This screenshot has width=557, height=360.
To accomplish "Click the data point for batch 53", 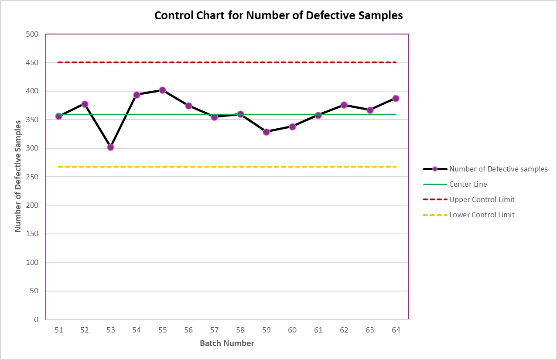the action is pos(111,147).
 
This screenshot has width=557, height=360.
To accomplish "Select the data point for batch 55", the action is pos(162,90).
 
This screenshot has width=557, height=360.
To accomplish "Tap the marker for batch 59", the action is pos(267,132).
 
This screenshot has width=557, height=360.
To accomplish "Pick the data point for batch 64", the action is pos(396,98).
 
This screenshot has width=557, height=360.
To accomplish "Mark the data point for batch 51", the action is pos(59,116).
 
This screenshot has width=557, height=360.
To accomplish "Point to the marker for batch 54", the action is pos(137,95).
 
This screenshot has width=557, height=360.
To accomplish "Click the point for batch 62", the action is pos(344,105).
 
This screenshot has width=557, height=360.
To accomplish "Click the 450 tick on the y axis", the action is pos(32,62).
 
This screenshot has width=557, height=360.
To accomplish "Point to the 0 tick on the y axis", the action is pos(36,319).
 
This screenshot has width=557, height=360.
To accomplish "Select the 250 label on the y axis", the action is pos(32,177).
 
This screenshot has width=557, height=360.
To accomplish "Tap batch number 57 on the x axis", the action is pos(214,330).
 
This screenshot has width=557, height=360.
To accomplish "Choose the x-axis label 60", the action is pos(292,330).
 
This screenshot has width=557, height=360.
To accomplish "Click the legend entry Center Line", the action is pos(455,184).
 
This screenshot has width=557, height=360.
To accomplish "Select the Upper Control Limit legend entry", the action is pos(468,199).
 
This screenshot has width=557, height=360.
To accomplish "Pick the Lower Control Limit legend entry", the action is pos(468,215).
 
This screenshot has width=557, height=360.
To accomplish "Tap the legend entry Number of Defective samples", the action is pos(485,169).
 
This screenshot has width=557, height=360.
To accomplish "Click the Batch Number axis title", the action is pos(227,343).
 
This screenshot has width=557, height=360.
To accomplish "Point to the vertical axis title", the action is pos(18,176).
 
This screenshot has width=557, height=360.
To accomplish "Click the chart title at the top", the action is pos(278,15).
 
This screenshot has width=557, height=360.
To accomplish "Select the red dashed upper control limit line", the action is pos(227,62).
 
